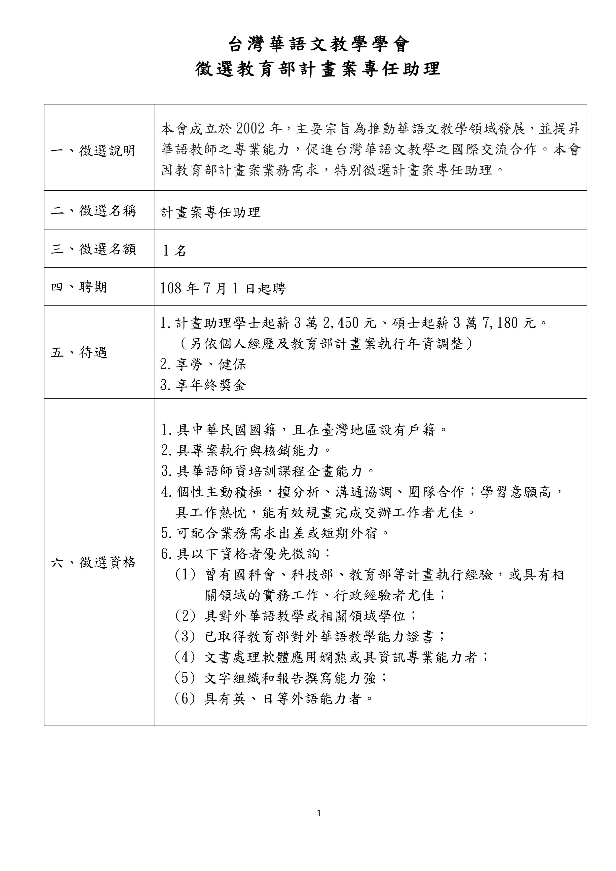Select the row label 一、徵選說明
pos(93,151)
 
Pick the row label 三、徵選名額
pos(93,249)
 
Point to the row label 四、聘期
pos(79,287)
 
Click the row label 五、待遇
pos(79,352)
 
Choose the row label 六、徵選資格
pos(93,562)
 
